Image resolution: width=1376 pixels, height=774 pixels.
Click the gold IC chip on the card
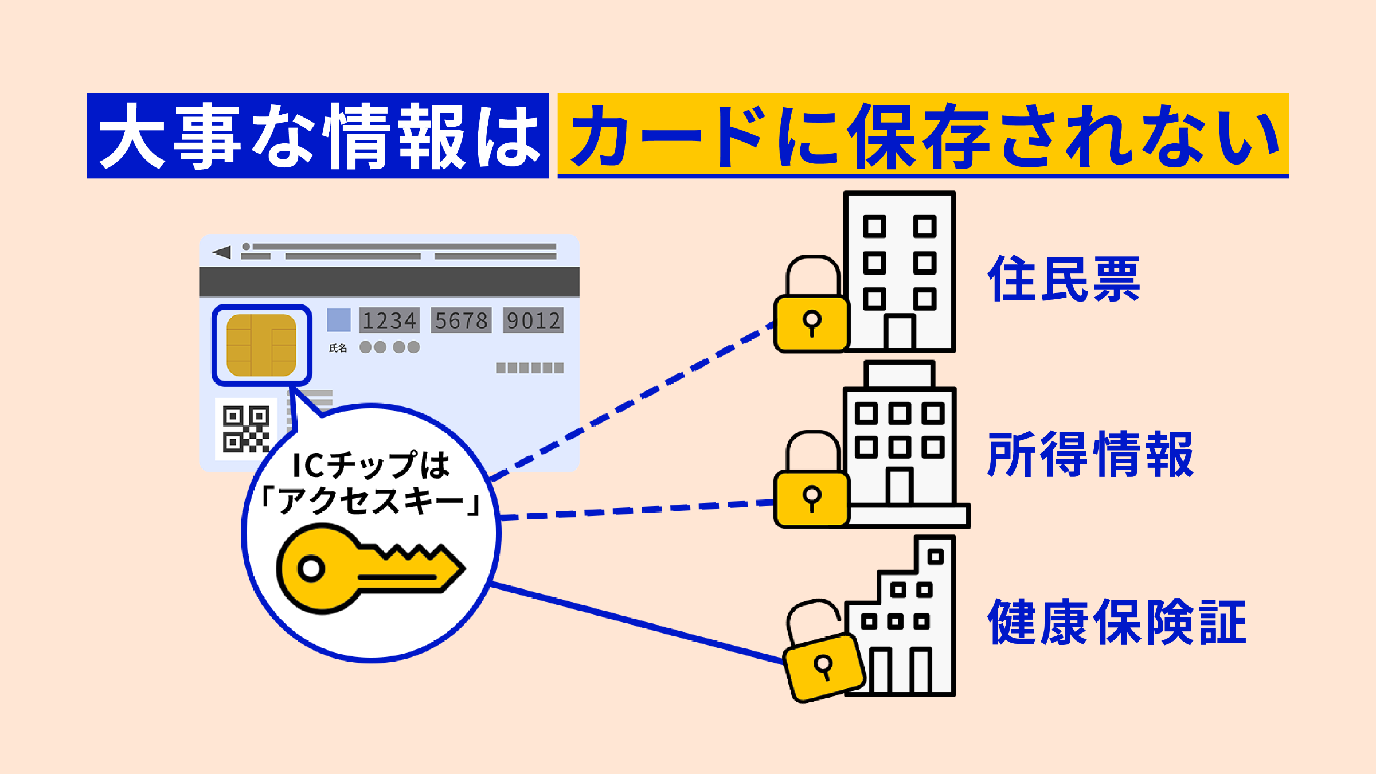pyautogui.click(x=261, y=345)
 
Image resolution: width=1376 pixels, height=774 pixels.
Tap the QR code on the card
pyautogui.click(x=246, y=429)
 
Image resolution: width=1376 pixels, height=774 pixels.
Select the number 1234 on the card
pyautogui.click(x=389, y=320)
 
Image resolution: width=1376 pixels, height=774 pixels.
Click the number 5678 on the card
pyautogui.click(x=461, y=320)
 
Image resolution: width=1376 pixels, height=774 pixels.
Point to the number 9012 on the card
pyautogui.click(x=533, y=320)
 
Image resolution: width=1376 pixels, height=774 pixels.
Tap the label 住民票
pyautogui.click(x=1064, y=279)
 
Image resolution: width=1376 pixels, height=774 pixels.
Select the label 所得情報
pyautogui.click(x=1090, y=455)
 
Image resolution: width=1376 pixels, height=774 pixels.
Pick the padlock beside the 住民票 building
pyautogui.click(x=811, y=321)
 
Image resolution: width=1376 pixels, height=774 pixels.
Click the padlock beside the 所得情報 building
pyautogui.click(x=811, y=497)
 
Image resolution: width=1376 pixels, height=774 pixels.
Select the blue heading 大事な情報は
pyautogui.click(x=318, y=136)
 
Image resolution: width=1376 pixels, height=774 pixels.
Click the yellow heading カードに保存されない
pyautogui.click(x=923, y=136)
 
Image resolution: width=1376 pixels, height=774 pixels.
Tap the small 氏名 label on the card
pyautogui.click(x=338, y=348)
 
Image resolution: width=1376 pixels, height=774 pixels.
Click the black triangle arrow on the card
pyautogui.click(x=222, y=252)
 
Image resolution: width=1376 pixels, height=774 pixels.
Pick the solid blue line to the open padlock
pyautogui.click(x=636, y=623)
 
